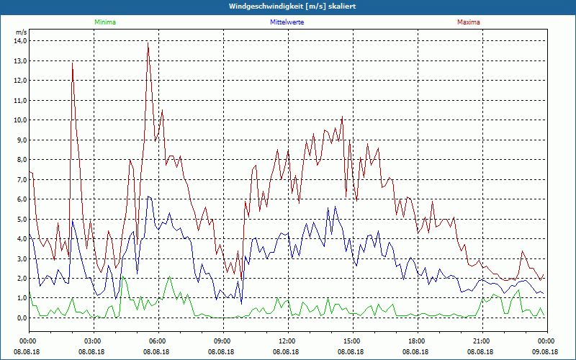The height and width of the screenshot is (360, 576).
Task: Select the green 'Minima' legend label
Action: pyautogui.click(x=104, y=22)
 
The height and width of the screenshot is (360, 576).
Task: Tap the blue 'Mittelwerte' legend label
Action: pyautogui.click(x=287, y=22)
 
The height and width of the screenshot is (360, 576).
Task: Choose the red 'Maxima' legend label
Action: pyautogui.click(x=468, y=22)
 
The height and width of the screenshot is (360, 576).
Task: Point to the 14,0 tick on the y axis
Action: pyautogui.click(x=19, y=41)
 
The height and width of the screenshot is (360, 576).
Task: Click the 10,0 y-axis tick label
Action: pyautogui.click(x=19, y=120)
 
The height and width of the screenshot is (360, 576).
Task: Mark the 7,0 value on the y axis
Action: pyautogui.click(x=21, y=179)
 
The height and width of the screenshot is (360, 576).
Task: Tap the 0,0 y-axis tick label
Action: pyautogui.click(x=21, y=318)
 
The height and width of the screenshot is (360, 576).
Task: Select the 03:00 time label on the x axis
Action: pyautogui.click(x=93, y=341)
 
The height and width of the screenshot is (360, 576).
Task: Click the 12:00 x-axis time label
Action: pyautogui.click(x=287, y=341)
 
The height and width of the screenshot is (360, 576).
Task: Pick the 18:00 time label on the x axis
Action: pyautogui.click(x=417, y=341)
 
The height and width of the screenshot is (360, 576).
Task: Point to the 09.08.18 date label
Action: pyautogui.click(x=546, y=351)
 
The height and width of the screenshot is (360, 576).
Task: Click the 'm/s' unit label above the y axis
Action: pyautogui.click(x=21, y=32)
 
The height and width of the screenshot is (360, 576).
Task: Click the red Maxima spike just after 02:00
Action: pyautogui.click(x=72, y=63)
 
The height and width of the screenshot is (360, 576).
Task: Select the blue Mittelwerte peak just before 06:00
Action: pyautogui.click(x=148, y=197)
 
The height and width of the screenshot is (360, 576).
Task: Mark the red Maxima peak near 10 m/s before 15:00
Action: pyautogui.click(x=342, y=117)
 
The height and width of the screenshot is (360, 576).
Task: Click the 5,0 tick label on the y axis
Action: pyautogui.click(x=21, y=219)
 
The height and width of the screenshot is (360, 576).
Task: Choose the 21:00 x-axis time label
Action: pyautogui.click(x=482, y=341)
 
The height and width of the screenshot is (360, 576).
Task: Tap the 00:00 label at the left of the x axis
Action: pyautogui.click(x=28, y=341)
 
